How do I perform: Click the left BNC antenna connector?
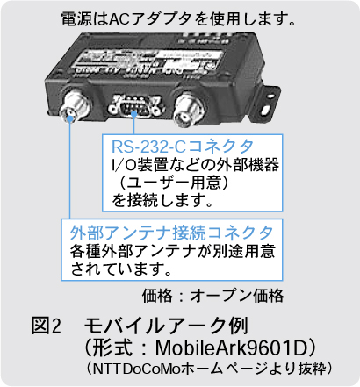74,106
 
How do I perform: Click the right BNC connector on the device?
188,110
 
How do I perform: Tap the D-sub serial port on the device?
134,105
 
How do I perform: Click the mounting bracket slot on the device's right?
266,111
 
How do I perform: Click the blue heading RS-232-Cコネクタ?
183,147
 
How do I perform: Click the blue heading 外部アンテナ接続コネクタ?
171,233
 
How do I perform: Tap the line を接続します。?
162,201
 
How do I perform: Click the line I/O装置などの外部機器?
195,165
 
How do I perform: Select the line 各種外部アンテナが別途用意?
173,251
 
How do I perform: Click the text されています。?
121,269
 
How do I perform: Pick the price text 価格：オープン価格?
212,296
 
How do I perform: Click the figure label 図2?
47,326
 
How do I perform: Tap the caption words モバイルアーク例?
166,326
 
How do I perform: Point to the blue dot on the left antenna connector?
70,118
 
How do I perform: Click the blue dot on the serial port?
134,114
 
